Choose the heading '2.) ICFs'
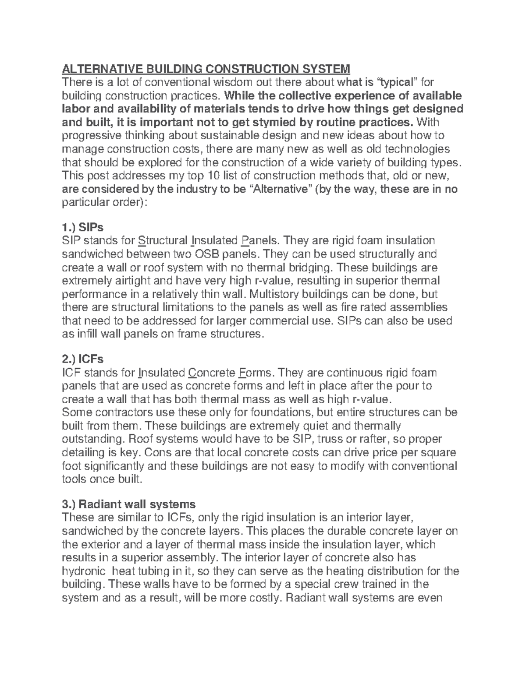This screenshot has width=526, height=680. tap(83, 359)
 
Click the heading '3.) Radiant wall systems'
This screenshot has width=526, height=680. tap(129, 504)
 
